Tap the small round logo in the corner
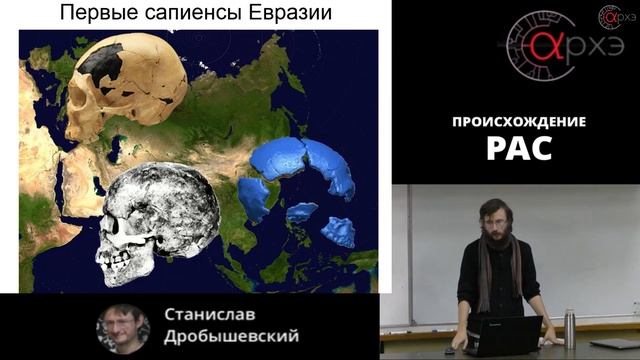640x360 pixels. [611, 15]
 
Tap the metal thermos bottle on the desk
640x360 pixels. [569, 328]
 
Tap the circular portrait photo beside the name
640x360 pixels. [122, 328]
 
